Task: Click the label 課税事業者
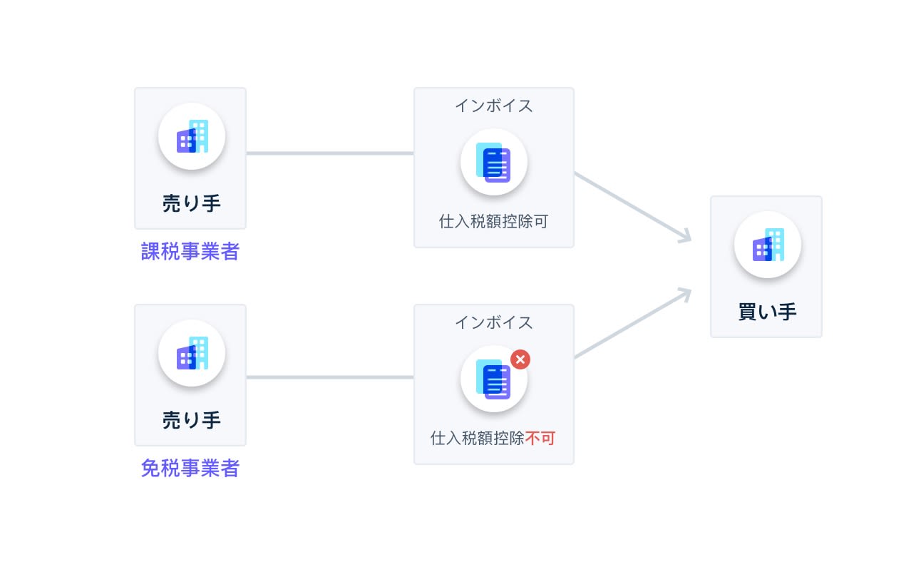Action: pos(190,252)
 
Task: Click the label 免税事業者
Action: pos(190,469)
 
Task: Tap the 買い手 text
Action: pos(767,312)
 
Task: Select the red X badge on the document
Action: pos(520,359)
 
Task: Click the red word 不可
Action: pos(540,438)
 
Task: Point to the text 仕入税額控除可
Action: pos(493,221)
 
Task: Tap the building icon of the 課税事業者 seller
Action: pos(191,136)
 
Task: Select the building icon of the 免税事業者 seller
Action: pos(191,353)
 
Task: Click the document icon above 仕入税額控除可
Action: pos(494,163)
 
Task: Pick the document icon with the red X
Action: pos(494,379)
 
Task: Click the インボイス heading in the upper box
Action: pos(494,106)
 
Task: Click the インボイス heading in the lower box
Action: pos(494,322)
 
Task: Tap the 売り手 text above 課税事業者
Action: pos(191,203)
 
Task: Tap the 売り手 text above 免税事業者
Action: pos(191,420)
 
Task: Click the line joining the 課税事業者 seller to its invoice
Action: pos(329,153)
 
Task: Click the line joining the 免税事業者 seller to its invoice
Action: pos(329,377)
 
